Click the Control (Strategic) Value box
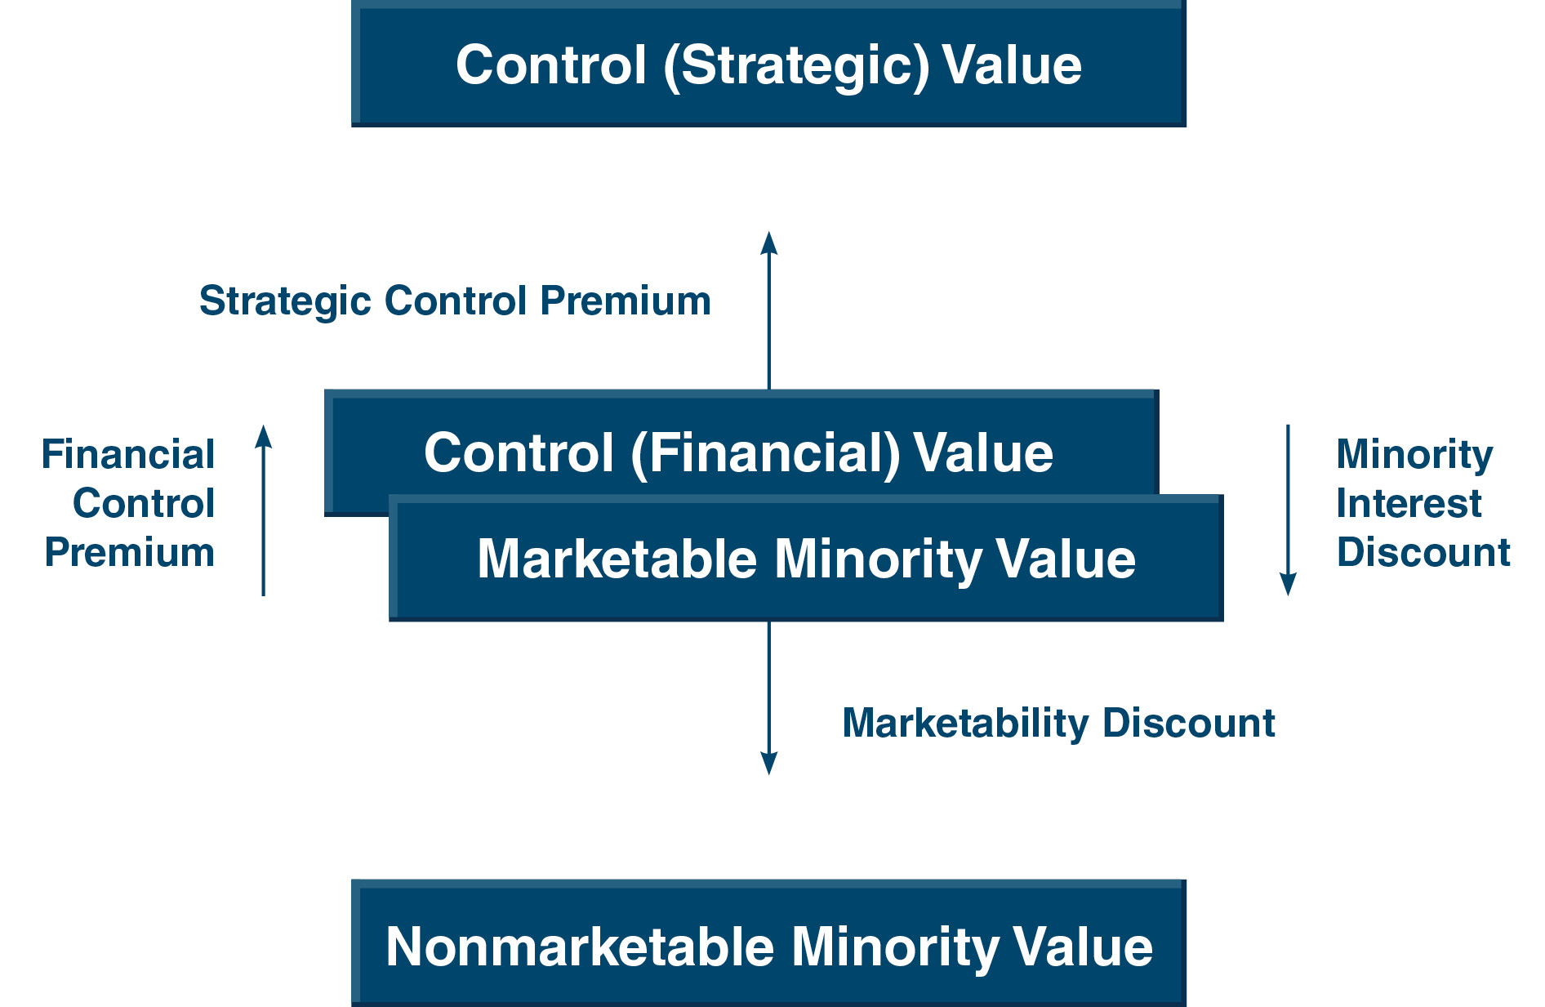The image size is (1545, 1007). [x=768, y=64]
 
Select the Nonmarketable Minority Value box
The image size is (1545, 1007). [x=768, y=943]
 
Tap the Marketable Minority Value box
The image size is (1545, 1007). [x=806, y=559]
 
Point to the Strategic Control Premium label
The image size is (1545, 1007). [x=455, y=301]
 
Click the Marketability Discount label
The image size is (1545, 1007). [x=1058, y=724]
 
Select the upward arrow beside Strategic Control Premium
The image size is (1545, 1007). [x=768, y=310]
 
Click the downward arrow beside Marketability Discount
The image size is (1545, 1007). [x=768, y=698]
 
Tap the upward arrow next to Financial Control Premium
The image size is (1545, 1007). [x=263, y=510]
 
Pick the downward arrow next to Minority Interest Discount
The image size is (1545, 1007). [x=1288, y=510]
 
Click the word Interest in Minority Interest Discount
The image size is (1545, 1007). [x=1409, y=503]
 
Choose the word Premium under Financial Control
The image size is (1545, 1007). [x=130, y=553]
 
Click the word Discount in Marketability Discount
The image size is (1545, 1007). [x=1189, y=724]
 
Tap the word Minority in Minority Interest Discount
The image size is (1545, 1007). [x=1414, y=456]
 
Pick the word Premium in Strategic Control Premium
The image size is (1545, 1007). [x=626, y=301]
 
